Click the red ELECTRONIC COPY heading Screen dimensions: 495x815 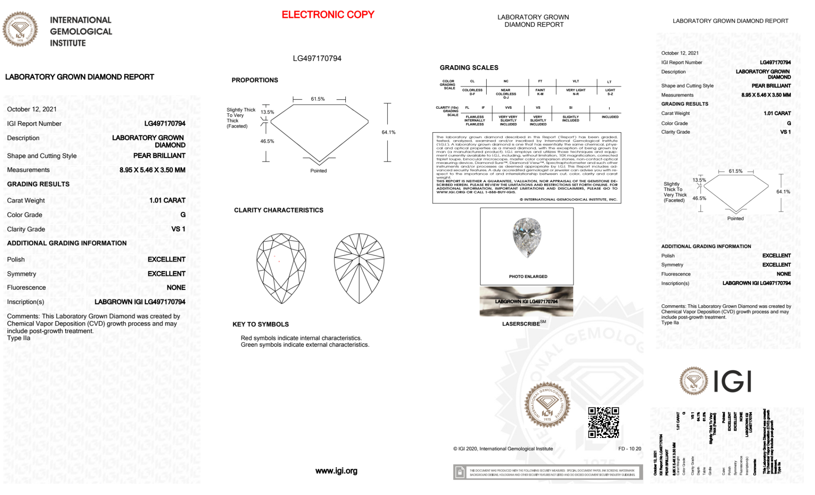[328, 15]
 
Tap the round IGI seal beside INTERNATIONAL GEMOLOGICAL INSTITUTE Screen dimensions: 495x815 [20, 29]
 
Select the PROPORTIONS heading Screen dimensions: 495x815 [255, 80]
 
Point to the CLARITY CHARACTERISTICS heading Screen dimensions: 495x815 [279, 210]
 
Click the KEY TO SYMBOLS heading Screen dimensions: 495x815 [261, 324]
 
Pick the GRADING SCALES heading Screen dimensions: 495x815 [469, 68]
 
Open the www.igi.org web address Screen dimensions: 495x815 [336, 471]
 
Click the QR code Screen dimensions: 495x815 [603, 422]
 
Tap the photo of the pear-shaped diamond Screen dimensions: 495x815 [527, 238]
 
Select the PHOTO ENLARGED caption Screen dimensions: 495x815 [528, 277]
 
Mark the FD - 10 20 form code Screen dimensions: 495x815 [629, 449]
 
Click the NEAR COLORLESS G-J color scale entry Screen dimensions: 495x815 [506, 94]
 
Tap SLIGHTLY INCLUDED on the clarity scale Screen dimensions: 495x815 [571, 119]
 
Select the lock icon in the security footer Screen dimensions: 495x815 [460, 473]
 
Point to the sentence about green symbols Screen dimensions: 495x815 [305, 345]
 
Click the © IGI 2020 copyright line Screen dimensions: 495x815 [503, 449]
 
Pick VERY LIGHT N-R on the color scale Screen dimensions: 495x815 [576, 92]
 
